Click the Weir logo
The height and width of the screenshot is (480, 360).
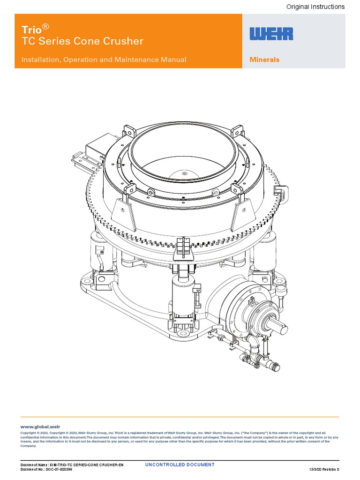tap(271, 34)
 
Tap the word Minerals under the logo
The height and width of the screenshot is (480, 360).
tap(264, 60)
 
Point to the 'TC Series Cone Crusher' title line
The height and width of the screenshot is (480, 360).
tap(82, 41)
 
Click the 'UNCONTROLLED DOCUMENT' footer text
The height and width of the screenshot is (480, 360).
tap(180, 465)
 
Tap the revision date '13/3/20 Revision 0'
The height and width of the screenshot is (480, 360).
tap(324, 469)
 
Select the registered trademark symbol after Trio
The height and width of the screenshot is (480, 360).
tap(45, 26)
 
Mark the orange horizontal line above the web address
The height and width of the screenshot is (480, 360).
tap(180, 417)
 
